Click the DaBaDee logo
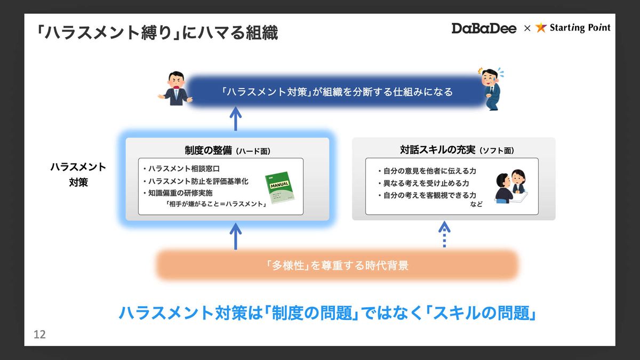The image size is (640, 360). pos(484,28)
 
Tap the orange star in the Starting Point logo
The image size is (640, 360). pos(541,28)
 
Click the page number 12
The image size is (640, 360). pos(39,335)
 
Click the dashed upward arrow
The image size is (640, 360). pos(444,234)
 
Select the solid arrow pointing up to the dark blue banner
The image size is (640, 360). pos(236,119)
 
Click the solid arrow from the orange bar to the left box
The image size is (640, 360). pos(236,235)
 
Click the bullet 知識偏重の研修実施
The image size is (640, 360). pos(180,193)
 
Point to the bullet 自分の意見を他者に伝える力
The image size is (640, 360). pos(426,171)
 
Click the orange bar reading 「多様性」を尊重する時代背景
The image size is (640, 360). pos(337,265)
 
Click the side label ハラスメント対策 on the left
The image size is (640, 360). pos(78,174)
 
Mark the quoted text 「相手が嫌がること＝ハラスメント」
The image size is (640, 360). pos(215,204)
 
